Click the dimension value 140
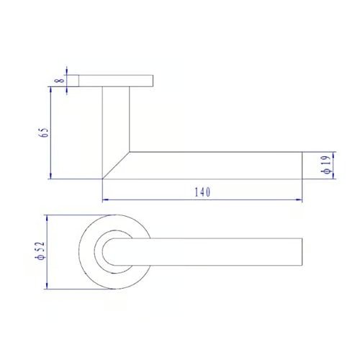pyautogui.click(x=202, y=192)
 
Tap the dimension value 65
pyautogui.click(x=44, y=132)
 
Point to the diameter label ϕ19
pyautogui.click(x=327, y=165)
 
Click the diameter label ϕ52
pyautogui.click(x=40, y=251)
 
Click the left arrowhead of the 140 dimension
pyautogui.click(x=106, y=199)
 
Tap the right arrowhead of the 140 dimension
pyautogui.click(x=299, y=199)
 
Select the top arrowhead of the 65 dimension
pyautogui.click(x=50, y=90)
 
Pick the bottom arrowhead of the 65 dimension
pyautogui.click(x=50, y=176)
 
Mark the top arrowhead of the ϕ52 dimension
pyautogui.click(x=47, y=218)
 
